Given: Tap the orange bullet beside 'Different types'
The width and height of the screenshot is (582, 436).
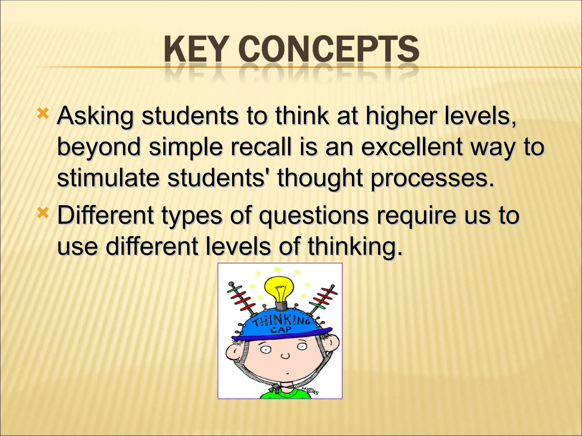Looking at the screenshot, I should pyautogui.click(x=43, y=213).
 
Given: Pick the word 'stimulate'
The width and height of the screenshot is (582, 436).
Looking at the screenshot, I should pyautogui.click(x=108, y=178).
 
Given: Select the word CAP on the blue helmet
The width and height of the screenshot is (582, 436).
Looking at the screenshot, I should pyautogui.click(x=280, y=330).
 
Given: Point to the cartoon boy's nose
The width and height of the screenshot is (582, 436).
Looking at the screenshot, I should pyautogui.click(x=285, y=356).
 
